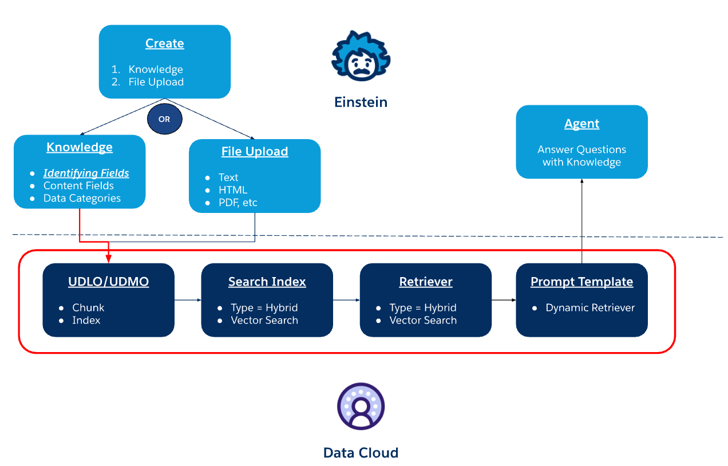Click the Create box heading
coord(164,44)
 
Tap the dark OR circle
coord(164,120)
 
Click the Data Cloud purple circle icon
coord(361,406)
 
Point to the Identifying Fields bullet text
coord(86,173)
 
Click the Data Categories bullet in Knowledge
coord(82,198)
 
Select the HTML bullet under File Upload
coord(232,190)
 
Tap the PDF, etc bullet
coord(238,203)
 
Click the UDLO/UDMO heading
coord(108,282)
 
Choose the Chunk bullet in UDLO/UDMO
coord(88,307)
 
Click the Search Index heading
coord(267,282)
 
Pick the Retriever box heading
coord(425,282)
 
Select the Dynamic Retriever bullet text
coord(589,307)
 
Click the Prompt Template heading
coord(581,282)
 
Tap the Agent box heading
coord(581,124)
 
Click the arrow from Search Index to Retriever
coord(346,299)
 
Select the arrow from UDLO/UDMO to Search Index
coord(187,299)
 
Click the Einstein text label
coord(361,102)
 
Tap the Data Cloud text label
coord(361,453)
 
